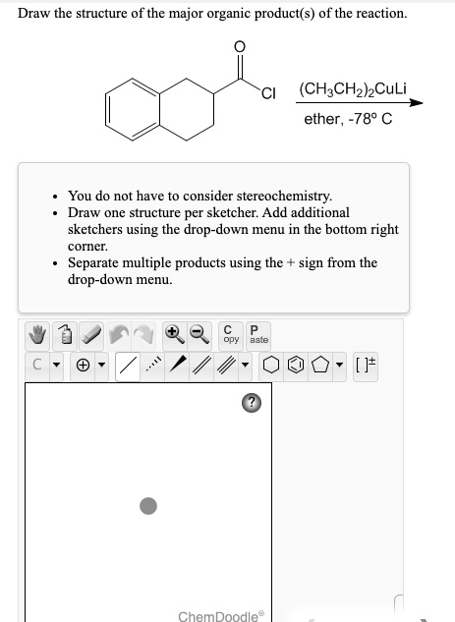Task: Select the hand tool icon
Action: [x=39, y=336]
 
